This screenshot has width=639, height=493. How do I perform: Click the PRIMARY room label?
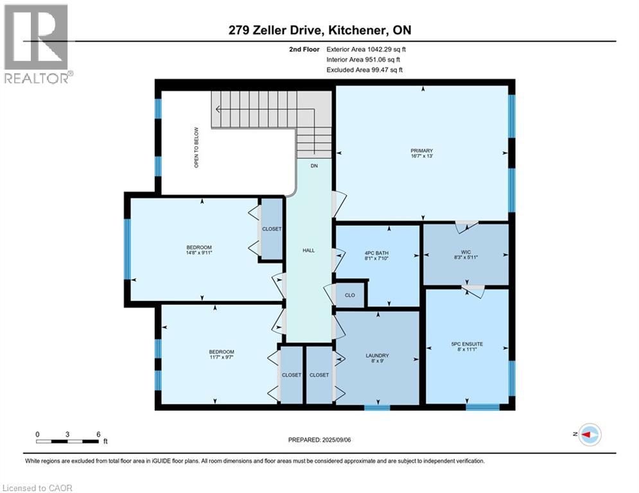(x=422, y=151)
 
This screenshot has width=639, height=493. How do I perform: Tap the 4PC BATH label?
(x=376, y=253)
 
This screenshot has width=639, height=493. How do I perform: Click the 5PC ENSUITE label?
(x=467, y=344)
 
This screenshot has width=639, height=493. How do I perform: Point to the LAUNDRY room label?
(x=377, y=356)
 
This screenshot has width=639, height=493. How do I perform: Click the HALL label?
(x=308, y=250)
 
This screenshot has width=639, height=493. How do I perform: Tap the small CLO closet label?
(x=350, y=296)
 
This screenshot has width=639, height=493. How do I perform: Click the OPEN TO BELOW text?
(x=197, y=148)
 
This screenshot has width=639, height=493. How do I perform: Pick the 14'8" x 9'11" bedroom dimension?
(x=199, y=254)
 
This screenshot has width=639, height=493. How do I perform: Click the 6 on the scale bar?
(x=98, y=434)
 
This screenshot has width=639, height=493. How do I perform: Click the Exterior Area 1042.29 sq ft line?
(x=365, y=48)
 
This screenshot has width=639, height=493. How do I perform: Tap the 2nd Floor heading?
(x=304, y=48)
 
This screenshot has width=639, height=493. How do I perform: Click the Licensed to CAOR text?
(x=38, y=488)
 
